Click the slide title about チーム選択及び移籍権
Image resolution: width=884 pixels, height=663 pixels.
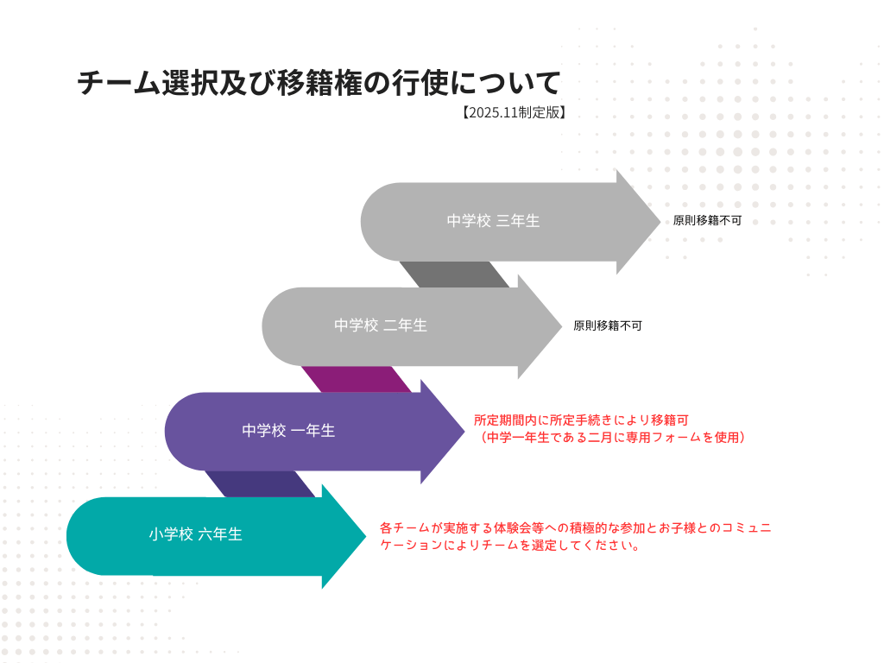tap(319, 83)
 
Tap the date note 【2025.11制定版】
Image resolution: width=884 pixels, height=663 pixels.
tap(513, 112)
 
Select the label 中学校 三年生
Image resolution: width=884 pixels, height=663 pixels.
tap(493, 221)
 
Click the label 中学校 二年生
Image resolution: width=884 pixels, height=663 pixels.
tap(381, 325)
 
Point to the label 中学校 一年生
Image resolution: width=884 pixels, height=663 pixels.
tap(288, 431)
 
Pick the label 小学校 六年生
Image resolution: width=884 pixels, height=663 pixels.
tap(195, 534)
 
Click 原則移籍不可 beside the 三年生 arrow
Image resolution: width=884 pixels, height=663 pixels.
tap(707, 221)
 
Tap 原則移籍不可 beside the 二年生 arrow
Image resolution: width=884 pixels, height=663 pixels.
tap(608, 326)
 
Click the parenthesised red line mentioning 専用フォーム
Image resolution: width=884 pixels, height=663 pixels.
tap(609, 438)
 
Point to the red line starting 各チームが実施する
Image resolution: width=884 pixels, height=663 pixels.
tap(575, 527)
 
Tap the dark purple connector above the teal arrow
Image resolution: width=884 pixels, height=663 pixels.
tap(259, 483)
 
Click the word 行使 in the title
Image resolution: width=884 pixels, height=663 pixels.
tap(404, 83)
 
